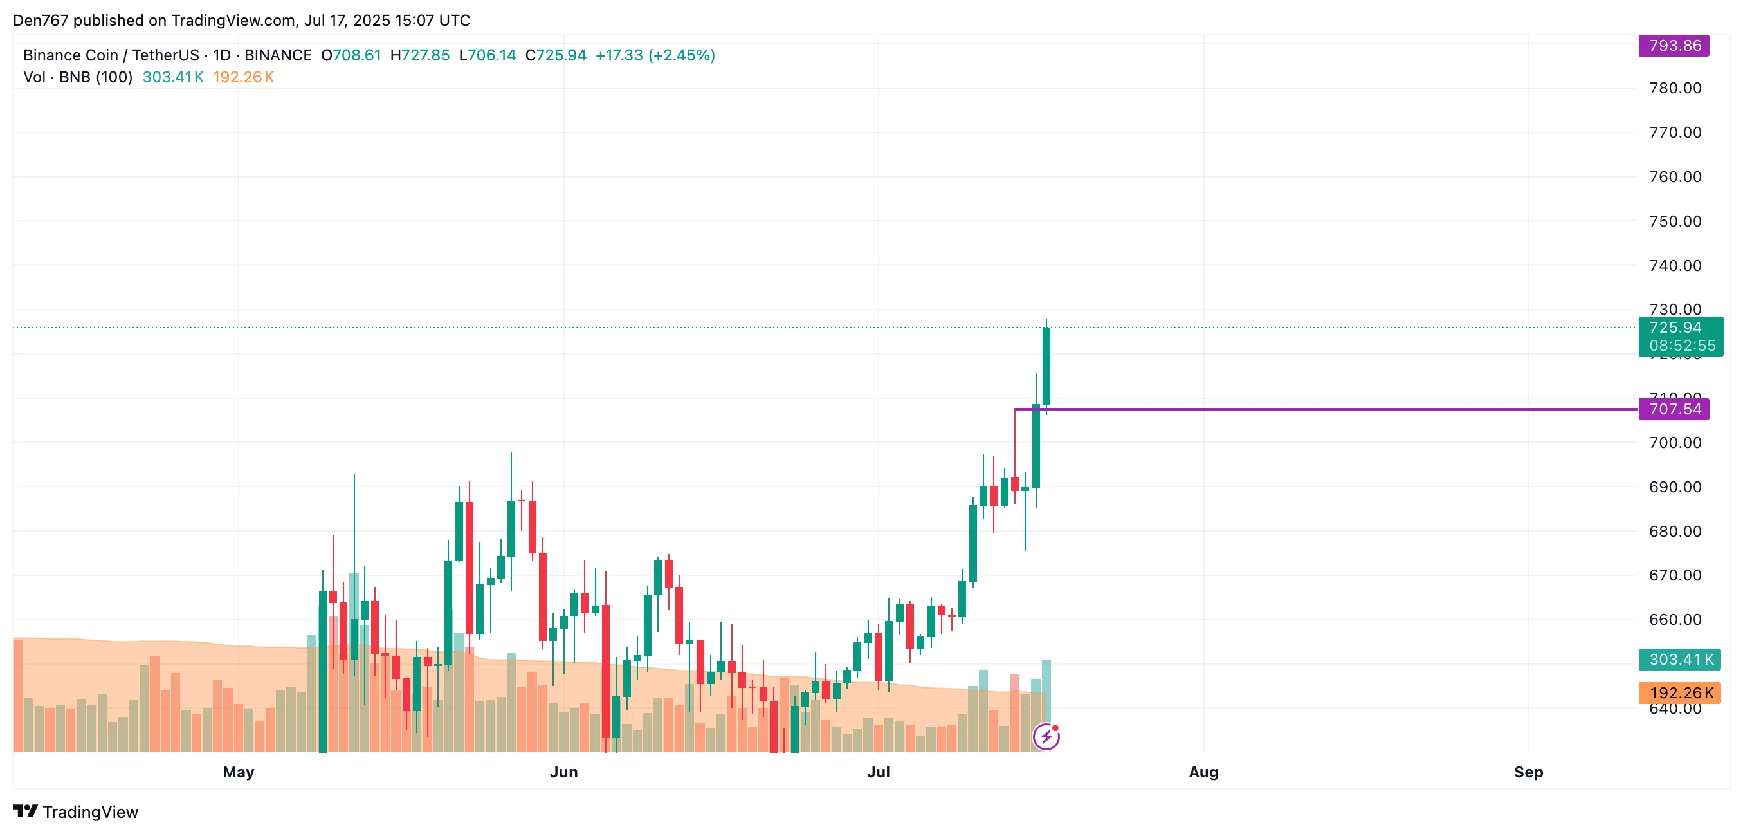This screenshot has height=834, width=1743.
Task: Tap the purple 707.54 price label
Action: (x=1674, y=409)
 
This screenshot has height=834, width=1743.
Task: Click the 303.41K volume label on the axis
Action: (x=1680, y=660)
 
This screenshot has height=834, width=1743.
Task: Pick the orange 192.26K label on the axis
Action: (x=1680, y=692)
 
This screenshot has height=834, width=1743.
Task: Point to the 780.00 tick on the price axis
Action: (x=1675, y=88)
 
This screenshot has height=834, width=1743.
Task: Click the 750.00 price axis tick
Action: (x=1675, y=221)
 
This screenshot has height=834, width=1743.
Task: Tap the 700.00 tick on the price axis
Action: (x=1675, y=443)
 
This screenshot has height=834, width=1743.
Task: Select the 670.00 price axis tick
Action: (x=1675, y=575)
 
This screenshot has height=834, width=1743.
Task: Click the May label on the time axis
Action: (x=238, y=772)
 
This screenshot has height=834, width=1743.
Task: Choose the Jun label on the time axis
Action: (x=563, y=772)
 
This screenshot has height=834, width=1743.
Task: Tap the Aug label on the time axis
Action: (x=1203, y=772)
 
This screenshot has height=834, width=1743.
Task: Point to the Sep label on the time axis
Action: (x=1528, y=772)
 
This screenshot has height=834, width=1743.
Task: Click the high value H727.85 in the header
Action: (x=419, y=55)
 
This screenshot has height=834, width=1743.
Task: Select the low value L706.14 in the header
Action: (x=487, y=55)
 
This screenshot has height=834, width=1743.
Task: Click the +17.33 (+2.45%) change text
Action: (x=654, y=55)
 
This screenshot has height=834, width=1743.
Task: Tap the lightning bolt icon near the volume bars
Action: (x=1046, y=737)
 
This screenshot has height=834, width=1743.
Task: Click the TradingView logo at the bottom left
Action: (x=75, y=811)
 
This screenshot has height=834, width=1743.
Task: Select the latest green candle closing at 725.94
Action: (x=1046, y=366)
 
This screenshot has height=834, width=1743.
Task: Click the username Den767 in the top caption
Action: (x=41, y=21)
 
